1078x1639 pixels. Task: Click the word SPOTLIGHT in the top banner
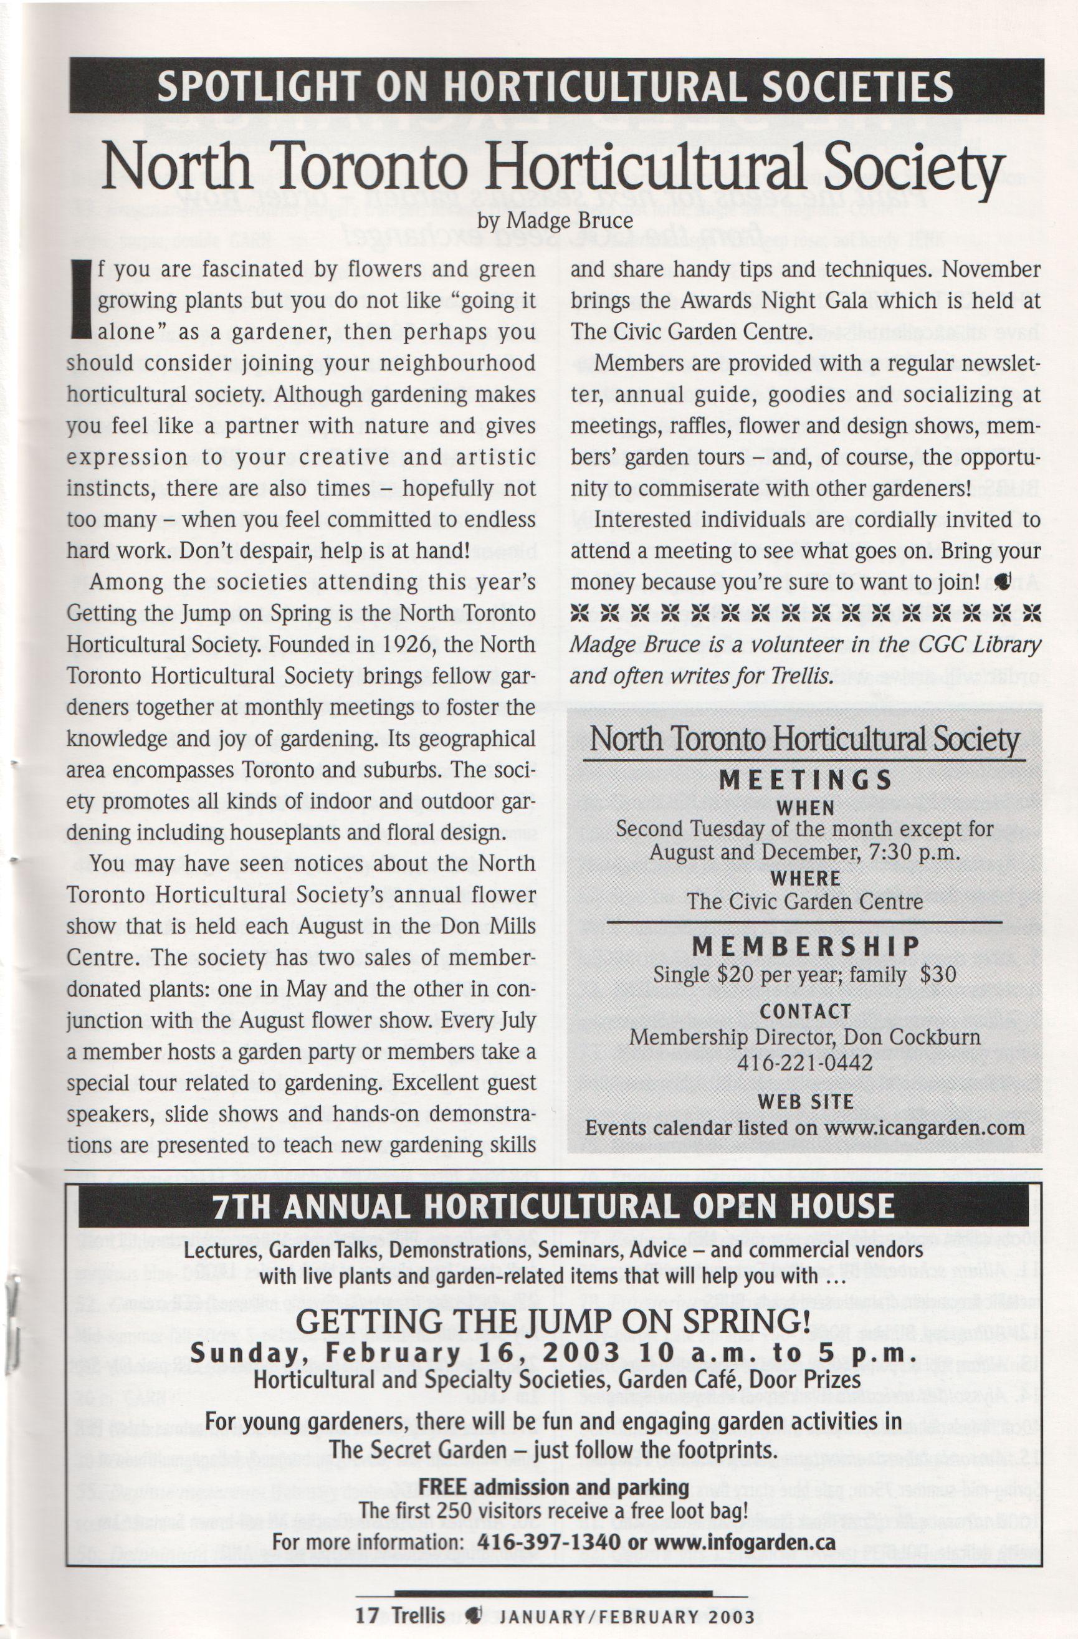click(257, 87)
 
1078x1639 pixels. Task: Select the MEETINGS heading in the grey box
click(806, 780)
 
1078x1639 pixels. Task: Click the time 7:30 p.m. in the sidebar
click(914, 853)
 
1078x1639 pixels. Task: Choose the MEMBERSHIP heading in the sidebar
click(806, 947)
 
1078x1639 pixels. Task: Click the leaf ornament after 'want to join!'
click(1001, 583)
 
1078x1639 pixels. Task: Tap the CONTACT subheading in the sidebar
click(806, 1011)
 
